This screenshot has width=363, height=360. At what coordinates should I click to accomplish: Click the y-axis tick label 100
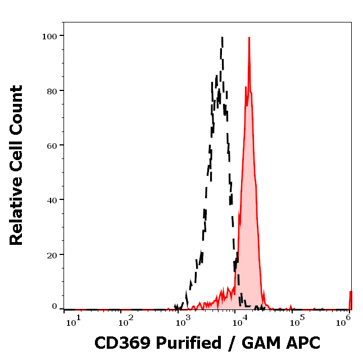(49, 36)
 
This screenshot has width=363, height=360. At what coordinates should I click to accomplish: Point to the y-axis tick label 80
(52, 90)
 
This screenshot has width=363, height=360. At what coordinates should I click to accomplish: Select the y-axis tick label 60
(52, 145)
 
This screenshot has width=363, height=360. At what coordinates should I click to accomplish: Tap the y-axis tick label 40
(52, 200)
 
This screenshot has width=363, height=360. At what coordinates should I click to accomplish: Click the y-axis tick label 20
(52, 255)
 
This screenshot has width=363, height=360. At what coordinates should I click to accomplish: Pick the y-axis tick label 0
(55, 307)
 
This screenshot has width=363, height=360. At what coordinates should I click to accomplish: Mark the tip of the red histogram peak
(248, 38)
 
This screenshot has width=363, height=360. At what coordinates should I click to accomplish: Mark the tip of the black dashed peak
(223, 38)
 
